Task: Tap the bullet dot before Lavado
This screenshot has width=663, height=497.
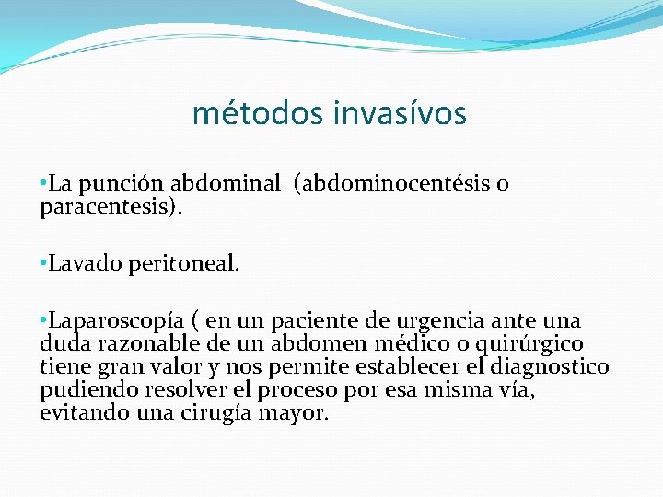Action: pos(43,264)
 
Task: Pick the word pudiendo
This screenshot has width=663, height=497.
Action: pos(82,390)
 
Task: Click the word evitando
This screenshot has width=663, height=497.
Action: pos(79,413)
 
